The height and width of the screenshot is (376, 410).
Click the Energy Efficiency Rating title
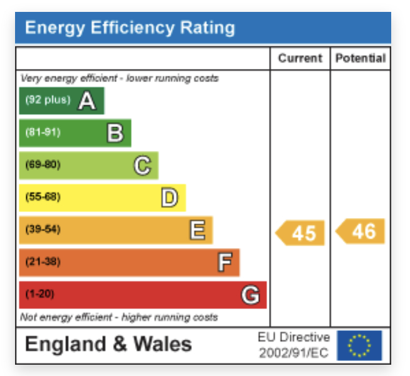coord(130,28)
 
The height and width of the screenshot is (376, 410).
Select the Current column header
coord(300,58)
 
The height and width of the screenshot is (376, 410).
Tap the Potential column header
coord(360,58)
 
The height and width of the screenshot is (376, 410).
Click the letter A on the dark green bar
coord(87,101)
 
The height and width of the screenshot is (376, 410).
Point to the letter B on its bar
coord(115,133)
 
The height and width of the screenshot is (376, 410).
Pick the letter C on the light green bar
coord(142,165)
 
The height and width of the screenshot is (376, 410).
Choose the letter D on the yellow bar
coord(170,198)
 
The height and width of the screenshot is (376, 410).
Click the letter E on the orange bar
coord(197,231)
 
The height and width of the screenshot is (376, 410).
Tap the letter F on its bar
coord(224,263)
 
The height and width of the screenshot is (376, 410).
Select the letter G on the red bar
coord(251,295)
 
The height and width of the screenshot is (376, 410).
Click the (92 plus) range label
coord(48,100)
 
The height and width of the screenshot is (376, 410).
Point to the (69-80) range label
coord(43,165)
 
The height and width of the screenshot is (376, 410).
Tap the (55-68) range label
coord(43,197)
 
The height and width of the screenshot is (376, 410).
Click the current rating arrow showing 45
coord(301,232)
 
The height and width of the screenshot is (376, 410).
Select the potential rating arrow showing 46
coord(361,231)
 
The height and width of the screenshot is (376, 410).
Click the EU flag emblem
coord(359,345)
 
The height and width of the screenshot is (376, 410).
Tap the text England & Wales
coord(108,344)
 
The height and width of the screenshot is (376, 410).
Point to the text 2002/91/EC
coord(293,353)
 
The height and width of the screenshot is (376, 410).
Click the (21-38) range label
coord(43,262)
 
